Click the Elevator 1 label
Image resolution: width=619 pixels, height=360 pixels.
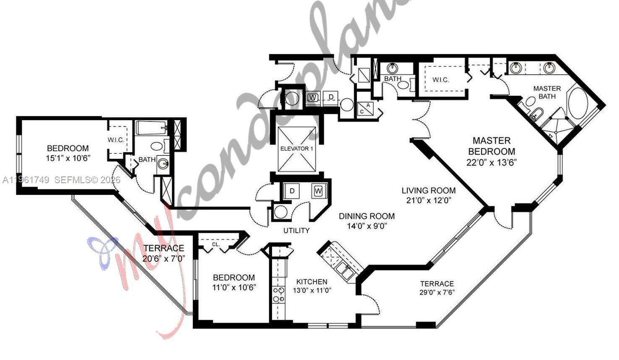coord(296,148)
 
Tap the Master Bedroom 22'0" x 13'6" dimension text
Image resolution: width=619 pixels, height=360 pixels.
coord(491,162)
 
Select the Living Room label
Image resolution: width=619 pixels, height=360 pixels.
coord(428,190)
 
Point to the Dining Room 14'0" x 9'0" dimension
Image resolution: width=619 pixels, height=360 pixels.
coord(367,226)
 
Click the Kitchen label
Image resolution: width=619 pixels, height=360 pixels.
coord(312,281)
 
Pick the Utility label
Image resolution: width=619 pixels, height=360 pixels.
coord(296,230)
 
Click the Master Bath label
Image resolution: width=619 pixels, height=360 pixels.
coord(547,92)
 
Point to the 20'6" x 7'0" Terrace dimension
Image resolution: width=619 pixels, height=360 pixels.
coord(164,258)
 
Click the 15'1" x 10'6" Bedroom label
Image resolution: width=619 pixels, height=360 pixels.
coord(68,148)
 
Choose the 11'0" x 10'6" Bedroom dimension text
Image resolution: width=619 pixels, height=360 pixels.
coord(234,287)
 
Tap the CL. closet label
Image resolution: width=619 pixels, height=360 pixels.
coord(216,244)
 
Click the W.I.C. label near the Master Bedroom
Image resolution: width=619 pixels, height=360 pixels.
coord(441,79)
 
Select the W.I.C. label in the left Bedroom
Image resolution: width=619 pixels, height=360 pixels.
coord(116,140)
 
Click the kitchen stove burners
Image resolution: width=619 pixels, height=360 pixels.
coord(278,294)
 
